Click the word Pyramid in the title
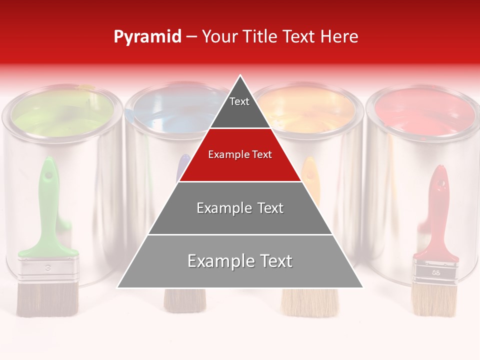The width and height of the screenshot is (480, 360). coord(147,37)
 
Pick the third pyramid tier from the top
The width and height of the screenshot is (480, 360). coord(240,208)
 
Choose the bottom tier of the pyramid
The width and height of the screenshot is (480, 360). coord(240,261)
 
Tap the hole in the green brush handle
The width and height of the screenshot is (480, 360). coord(48,176)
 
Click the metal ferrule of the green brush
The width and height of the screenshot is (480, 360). coord(48,270)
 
